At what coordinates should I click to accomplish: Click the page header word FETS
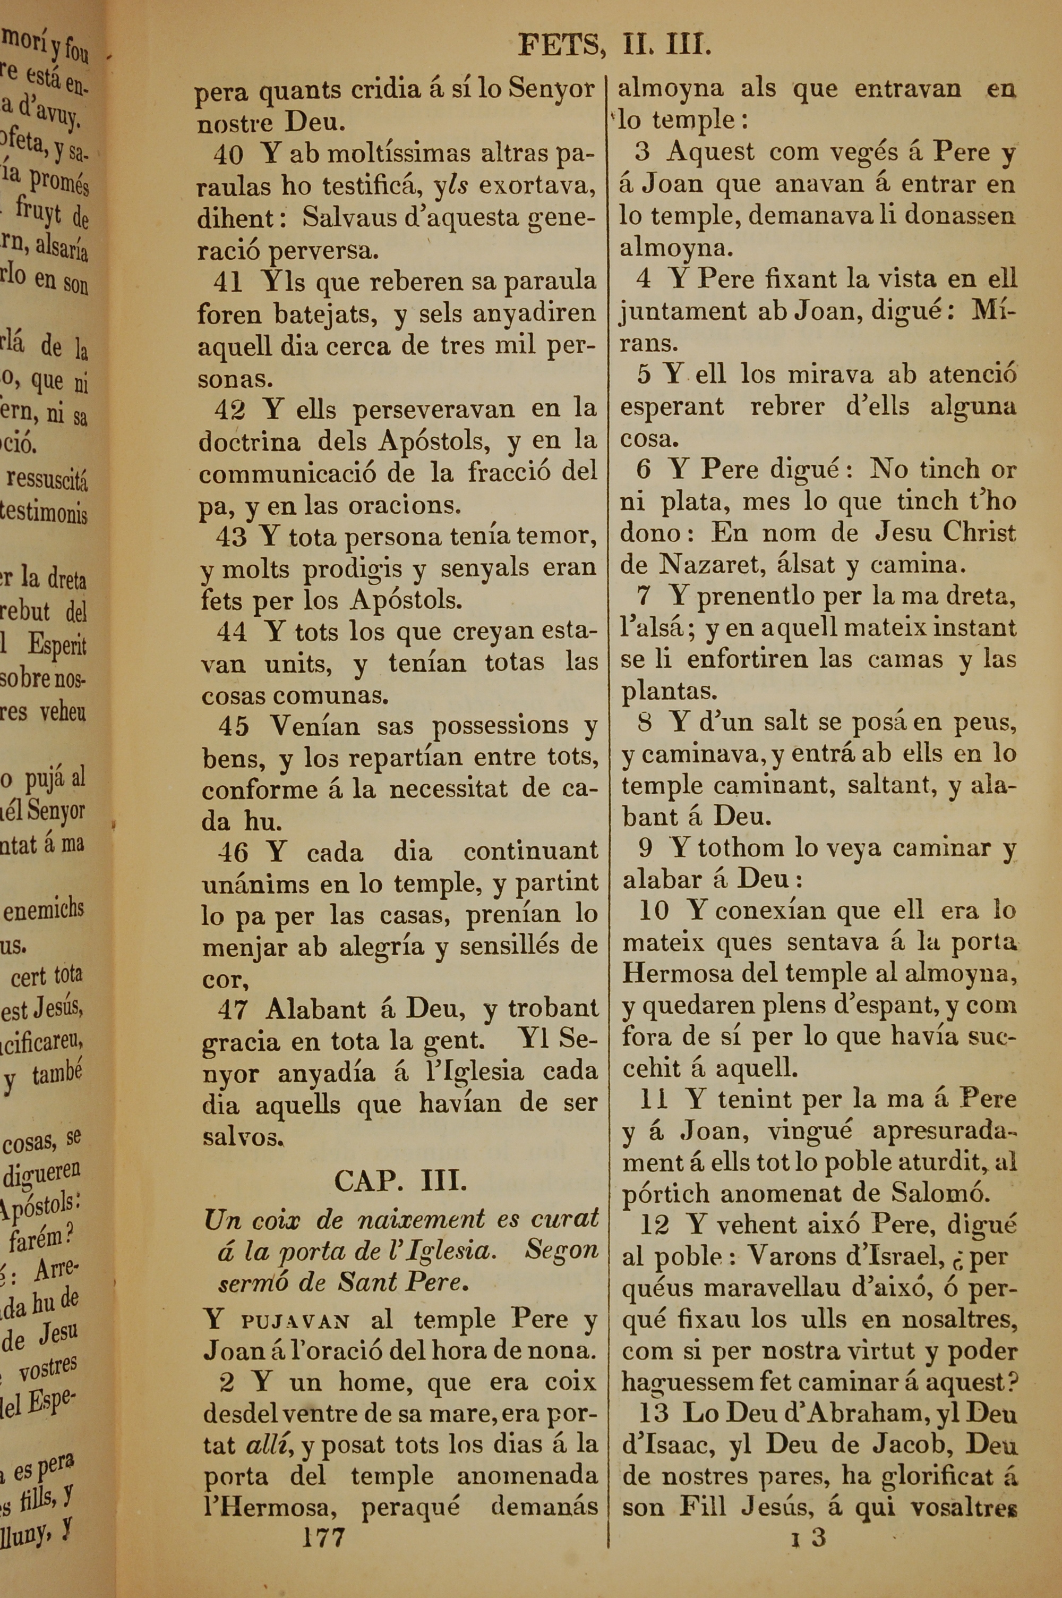pos(560,47)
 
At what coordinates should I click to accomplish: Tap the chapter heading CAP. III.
pos(400,1182)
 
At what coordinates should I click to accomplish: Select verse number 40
pos(228,155)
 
